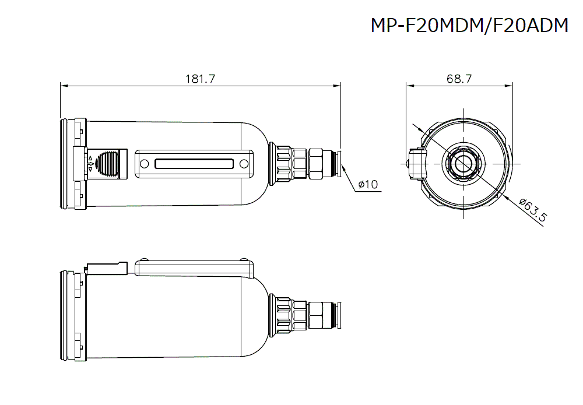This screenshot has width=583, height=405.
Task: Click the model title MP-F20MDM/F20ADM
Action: [469, 26]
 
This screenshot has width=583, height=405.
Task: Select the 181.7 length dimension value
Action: [201, 80]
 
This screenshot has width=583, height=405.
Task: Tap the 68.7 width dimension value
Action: [459, 80]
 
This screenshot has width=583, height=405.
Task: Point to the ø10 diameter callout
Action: [368, 185]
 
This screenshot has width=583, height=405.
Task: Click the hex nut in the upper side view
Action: [316, 164]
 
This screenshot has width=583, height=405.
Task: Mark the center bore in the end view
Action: [462, 163]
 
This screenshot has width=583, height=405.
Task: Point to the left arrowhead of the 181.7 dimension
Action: [64, 86]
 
